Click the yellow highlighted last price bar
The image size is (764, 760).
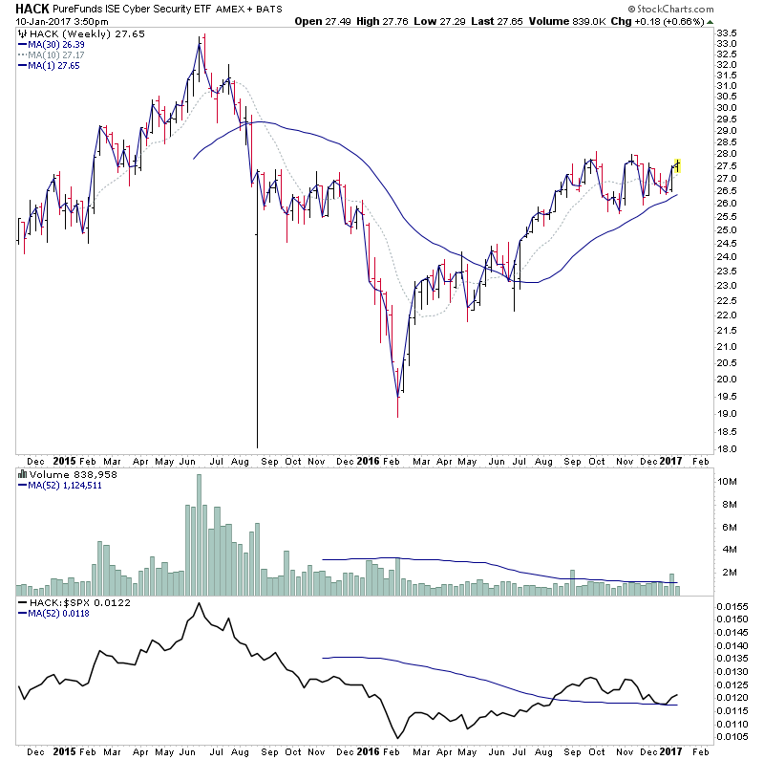[678, 164]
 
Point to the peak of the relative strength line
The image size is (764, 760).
[199, 604]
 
